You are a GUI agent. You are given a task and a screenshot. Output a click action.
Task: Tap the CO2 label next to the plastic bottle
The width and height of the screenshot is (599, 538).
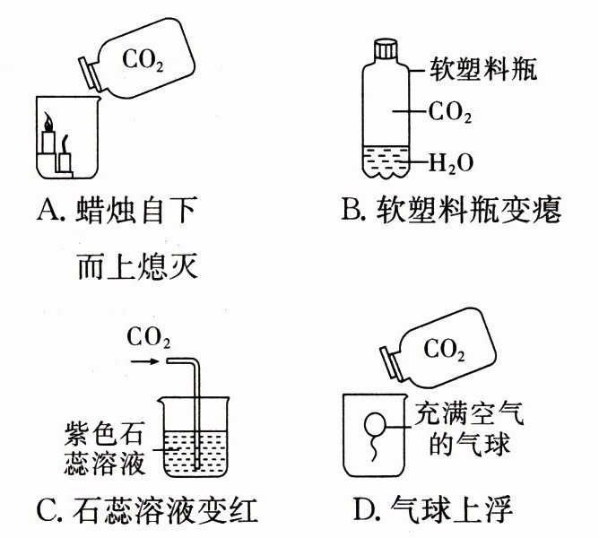pos(450,115)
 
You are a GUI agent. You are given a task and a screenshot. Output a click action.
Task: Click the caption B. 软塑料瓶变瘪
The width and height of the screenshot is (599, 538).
pos(451,213)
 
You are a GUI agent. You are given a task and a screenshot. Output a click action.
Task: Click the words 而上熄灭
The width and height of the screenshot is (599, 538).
pos(135,266)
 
